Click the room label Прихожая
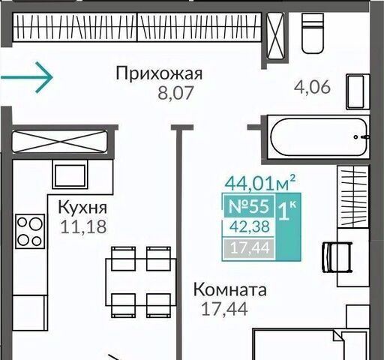click(x=159, y=73)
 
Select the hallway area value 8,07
click(x=175, y=92)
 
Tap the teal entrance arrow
click(x=27, y=77)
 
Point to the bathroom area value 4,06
click(x=312, y=87)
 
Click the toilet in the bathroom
click(x=313, y=33)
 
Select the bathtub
click(x=319, y=136)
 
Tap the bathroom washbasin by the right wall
click(x=358, y=91)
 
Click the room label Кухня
click(x=82, y=208)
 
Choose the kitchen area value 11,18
click(x=83, y=226)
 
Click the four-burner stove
click(x=30, y=231)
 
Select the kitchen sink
click(x=70, y=175)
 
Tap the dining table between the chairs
click(x=141, y=282)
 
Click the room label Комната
click(x=230, y=290)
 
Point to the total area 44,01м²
click(x=260, y=183)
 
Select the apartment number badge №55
click(x=249, y=206)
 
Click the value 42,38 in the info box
click(x=250, y=226)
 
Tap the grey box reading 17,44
click(x=249, y=247)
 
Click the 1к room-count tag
click(x=288, y=211)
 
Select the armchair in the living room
click(x=337, y=257)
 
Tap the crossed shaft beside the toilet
click(x=276, y=36)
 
